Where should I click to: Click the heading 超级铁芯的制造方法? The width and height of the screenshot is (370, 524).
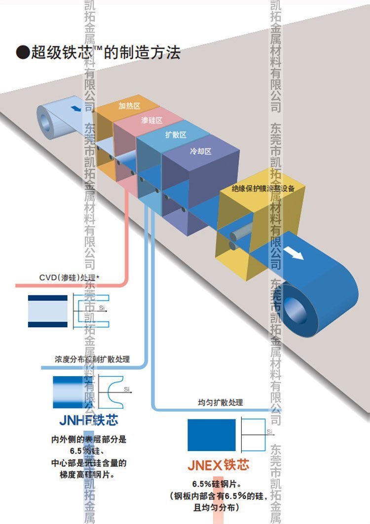[99, 52]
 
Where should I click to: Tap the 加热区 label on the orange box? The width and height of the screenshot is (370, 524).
[130, 106]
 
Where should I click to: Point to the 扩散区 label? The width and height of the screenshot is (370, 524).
[176, 135]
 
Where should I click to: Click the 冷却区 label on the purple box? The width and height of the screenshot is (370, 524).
[201, 151]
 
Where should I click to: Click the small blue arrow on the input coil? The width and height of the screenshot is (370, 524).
[75, 108]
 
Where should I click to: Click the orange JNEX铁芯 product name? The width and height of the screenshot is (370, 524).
[218, 465]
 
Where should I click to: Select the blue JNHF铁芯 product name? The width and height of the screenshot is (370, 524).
[89, 420]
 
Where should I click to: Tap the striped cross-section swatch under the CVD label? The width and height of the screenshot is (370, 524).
[47, 311]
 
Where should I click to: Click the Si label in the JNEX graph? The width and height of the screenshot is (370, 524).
[269, 432]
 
